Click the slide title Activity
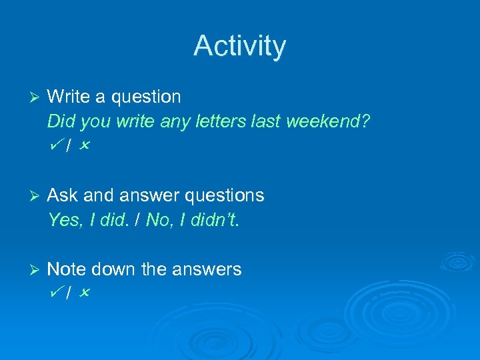pos(239,46)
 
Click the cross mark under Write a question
pos(83,145)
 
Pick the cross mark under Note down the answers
pos(83,293)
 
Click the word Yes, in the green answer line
pos(64,220)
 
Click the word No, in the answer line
pos(159,220)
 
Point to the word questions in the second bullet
pos(223,196)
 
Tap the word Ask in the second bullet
pos(63,195)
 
